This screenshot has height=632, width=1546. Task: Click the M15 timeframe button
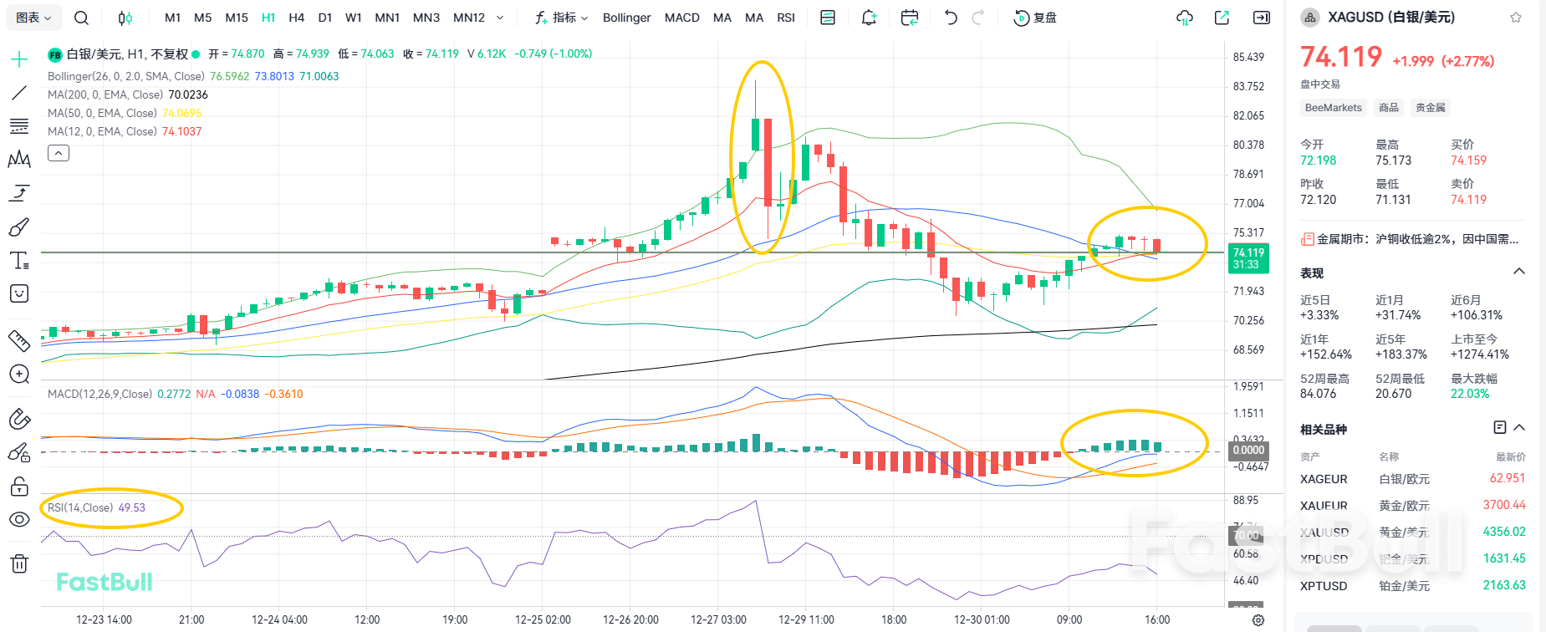point(237,18)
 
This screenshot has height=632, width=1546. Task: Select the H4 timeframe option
point(296,18)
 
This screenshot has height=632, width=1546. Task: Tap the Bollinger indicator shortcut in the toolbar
point(626,18)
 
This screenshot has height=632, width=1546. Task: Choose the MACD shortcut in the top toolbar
point(681,18)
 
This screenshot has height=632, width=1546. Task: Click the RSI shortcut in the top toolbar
point(785,18)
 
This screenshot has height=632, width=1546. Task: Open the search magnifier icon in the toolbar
point(81,18)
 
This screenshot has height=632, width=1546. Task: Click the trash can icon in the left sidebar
point(19,563)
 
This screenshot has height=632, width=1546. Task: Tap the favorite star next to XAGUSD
point(1516,18)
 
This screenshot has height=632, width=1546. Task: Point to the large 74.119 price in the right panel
point(1340,57)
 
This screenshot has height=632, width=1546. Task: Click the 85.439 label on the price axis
point(1248,57)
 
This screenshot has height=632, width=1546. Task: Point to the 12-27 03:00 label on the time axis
point(718,619)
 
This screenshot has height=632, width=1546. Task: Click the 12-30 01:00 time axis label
point(982,619)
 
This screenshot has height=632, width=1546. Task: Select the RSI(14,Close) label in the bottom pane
point(80,507)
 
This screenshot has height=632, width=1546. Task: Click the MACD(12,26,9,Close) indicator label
point(99,394)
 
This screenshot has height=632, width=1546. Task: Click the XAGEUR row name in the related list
point(1324,479)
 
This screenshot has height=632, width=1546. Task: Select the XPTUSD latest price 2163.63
point(1503,585)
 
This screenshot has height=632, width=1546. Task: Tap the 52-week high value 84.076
point(1318,394)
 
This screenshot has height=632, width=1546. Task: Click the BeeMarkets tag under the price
point(1333,108)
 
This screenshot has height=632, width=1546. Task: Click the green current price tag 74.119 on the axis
point(1248,258)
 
